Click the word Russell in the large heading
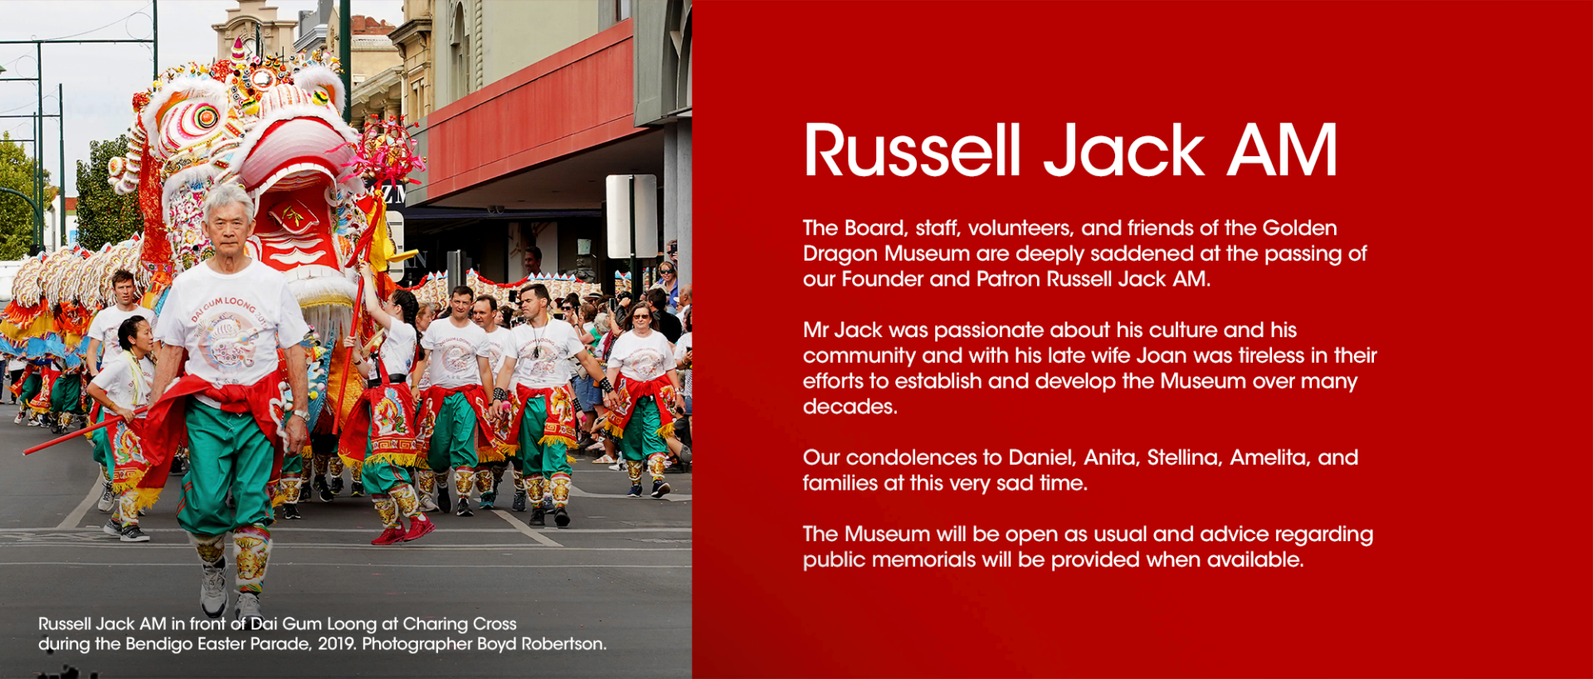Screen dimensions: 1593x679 (912, 150)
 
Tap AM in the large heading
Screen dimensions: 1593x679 (1283, 150)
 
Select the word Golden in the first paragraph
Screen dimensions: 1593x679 (1299, 228)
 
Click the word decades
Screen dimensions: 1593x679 (850, 407)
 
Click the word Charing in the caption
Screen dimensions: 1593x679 (434, 624)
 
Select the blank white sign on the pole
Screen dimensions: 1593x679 (631, 216)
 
